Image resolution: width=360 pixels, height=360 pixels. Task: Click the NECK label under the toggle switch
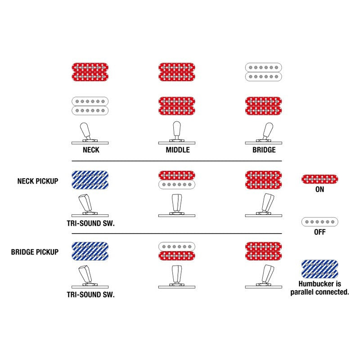[x=91, y=150]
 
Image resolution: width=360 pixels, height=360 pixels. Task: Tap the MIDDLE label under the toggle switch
[x=178, y=150]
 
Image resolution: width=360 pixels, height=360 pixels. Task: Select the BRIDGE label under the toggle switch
[x=264, y=150]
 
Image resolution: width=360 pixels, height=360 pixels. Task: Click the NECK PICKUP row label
[x=38, y=181]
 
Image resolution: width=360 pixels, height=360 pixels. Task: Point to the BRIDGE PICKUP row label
[x=35, y=252]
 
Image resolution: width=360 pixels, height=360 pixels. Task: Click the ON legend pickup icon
[x=319, y=179]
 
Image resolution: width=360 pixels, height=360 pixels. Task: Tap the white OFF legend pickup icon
[x=319, y=222]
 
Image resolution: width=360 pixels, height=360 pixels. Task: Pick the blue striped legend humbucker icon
[x=319, y=269]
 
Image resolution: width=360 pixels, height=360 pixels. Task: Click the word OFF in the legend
[x=319, y=232]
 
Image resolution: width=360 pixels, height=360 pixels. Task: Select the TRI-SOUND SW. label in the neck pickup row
[x=91, y=223]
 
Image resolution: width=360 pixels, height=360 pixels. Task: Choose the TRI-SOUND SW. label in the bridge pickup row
[x=91, y=295]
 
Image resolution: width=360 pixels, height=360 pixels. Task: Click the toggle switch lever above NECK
[x=85, y=130]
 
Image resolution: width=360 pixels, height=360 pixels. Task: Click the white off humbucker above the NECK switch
[x=90, y=106]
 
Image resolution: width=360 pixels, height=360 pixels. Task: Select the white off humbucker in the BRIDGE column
[x=264, y=72]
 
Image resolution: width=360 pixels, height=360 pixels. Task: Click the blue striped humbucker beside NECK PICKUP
[x=90, y=180]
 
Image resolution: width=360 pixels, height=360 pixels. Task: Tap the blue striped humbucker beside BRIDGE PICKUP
[x=90, y=251]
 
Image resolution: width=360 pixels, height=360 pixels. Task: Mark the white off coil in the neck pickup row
[x=177, y=184]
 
